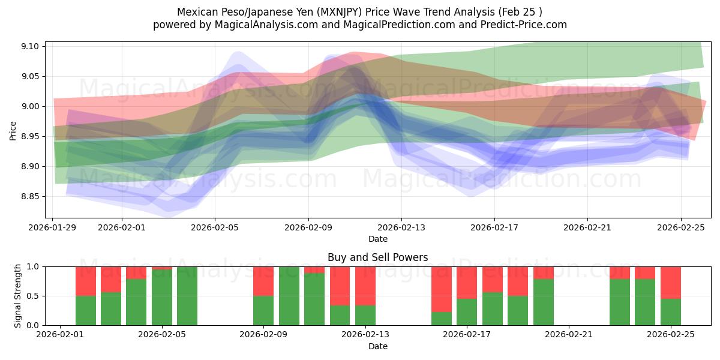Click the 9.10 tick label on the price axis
pyautogui.click(x=29, y=47)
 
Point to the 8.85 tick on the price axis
pyautogui.click(x=29, y=197)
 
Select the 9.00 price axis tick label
pyautogui.click(x=29, y=107)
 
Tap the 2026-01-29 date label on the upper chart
pyautogui.click(x=53, y=227)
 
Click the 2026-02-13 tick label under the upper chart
pyautogui.click(x=401, y=227)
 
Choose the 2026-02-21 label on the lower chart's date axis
pyautogui.click(x=568, y=334)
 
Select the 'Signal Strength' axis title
pyautogui.click(x=18, y=295)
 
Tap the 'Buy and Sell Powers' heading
pyautogui.click(x=377, y=257)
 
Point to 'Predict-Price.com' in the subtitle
pyautogui.click(x=526, y=25)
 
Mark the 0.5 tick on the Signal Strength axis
pyautogui.click(x=34, y=296)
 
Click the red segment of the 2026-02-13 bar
pyautogui.click(x=365, y=286)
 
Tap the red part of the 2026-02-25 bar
pyautogui.click(x=670, y=283)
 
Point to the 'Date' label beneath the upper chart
pyautogui.click(x=377, y=239)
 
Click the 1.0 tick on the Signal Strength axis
pyautogui.click(x=34, y=266)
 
